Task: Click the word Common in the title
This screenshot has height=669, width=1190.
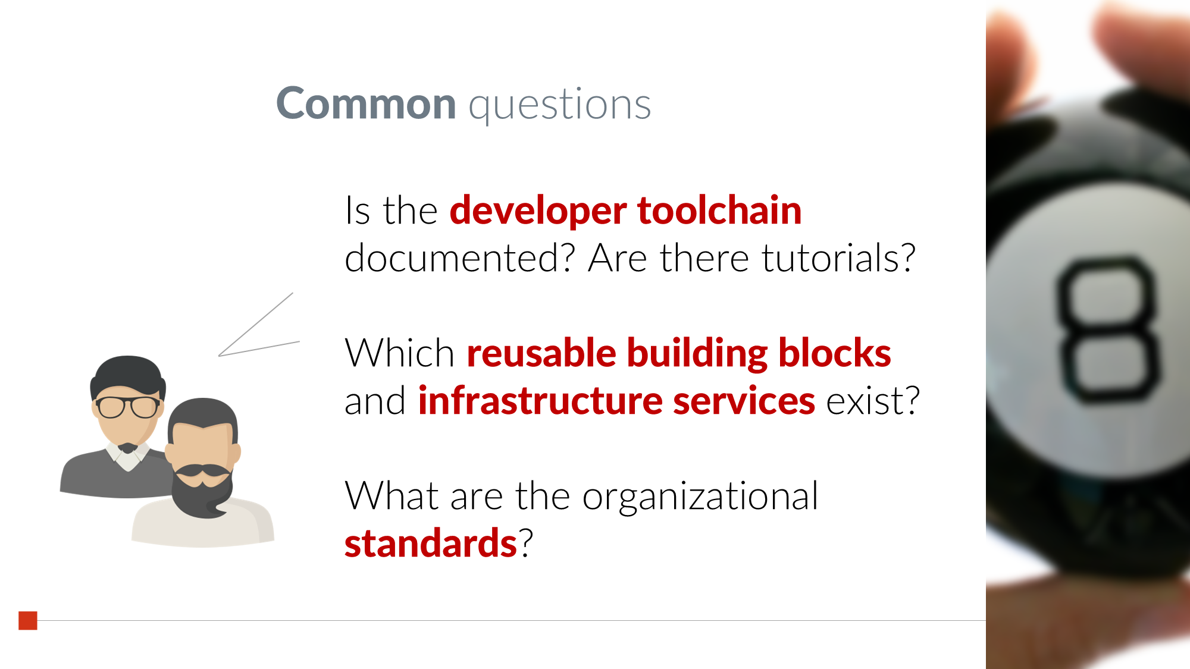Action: [366, 103]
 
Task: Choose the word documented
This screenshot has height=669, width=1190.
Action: [460, 258]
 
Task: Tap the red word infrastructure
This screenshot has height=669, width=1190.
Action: [540, 400]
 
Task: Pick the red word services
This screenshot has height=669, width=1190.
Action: [744, 401]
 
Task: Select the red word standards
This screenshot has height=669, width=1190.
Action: [431, 543]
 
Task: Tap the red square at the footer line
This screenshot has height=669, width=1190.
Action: [28, 620]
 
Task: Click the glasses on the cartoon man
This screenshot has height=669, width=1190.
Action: [128, 407]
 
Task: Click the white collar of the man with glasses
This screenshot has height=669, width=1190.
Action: [128, 457]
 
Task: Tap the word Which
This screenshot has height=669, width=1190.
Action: [400, 353]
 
